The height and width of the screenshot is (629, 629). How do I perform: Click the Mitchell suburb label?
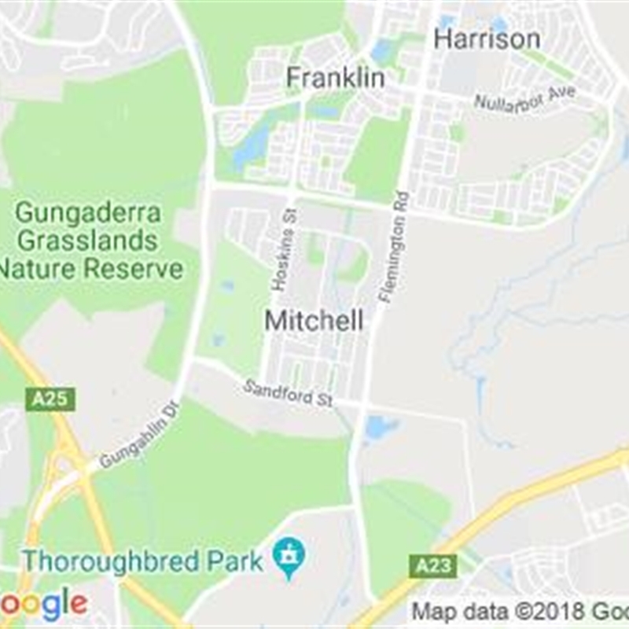pos(314,321)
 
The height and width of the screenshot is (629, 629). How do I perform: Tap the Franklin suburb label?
pos(335,78)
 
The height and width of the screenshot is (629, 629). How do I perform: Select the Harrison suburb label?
pos(487,39)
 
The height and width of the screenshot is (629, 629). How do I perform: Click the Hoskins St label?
pos(284,251)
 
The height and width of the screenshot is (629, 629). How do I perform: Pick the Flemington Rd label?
pos(394,247)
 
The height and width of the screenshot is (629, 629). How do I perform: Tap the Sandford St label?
pos(288,394)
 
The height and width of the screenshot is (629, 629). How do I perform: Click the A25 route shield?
pos(50,399)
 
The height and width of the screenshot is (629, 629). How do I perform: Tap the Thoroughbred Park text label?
pos(142,561)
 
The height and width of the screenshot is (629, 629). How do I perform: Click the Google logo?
pos(43,604)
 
